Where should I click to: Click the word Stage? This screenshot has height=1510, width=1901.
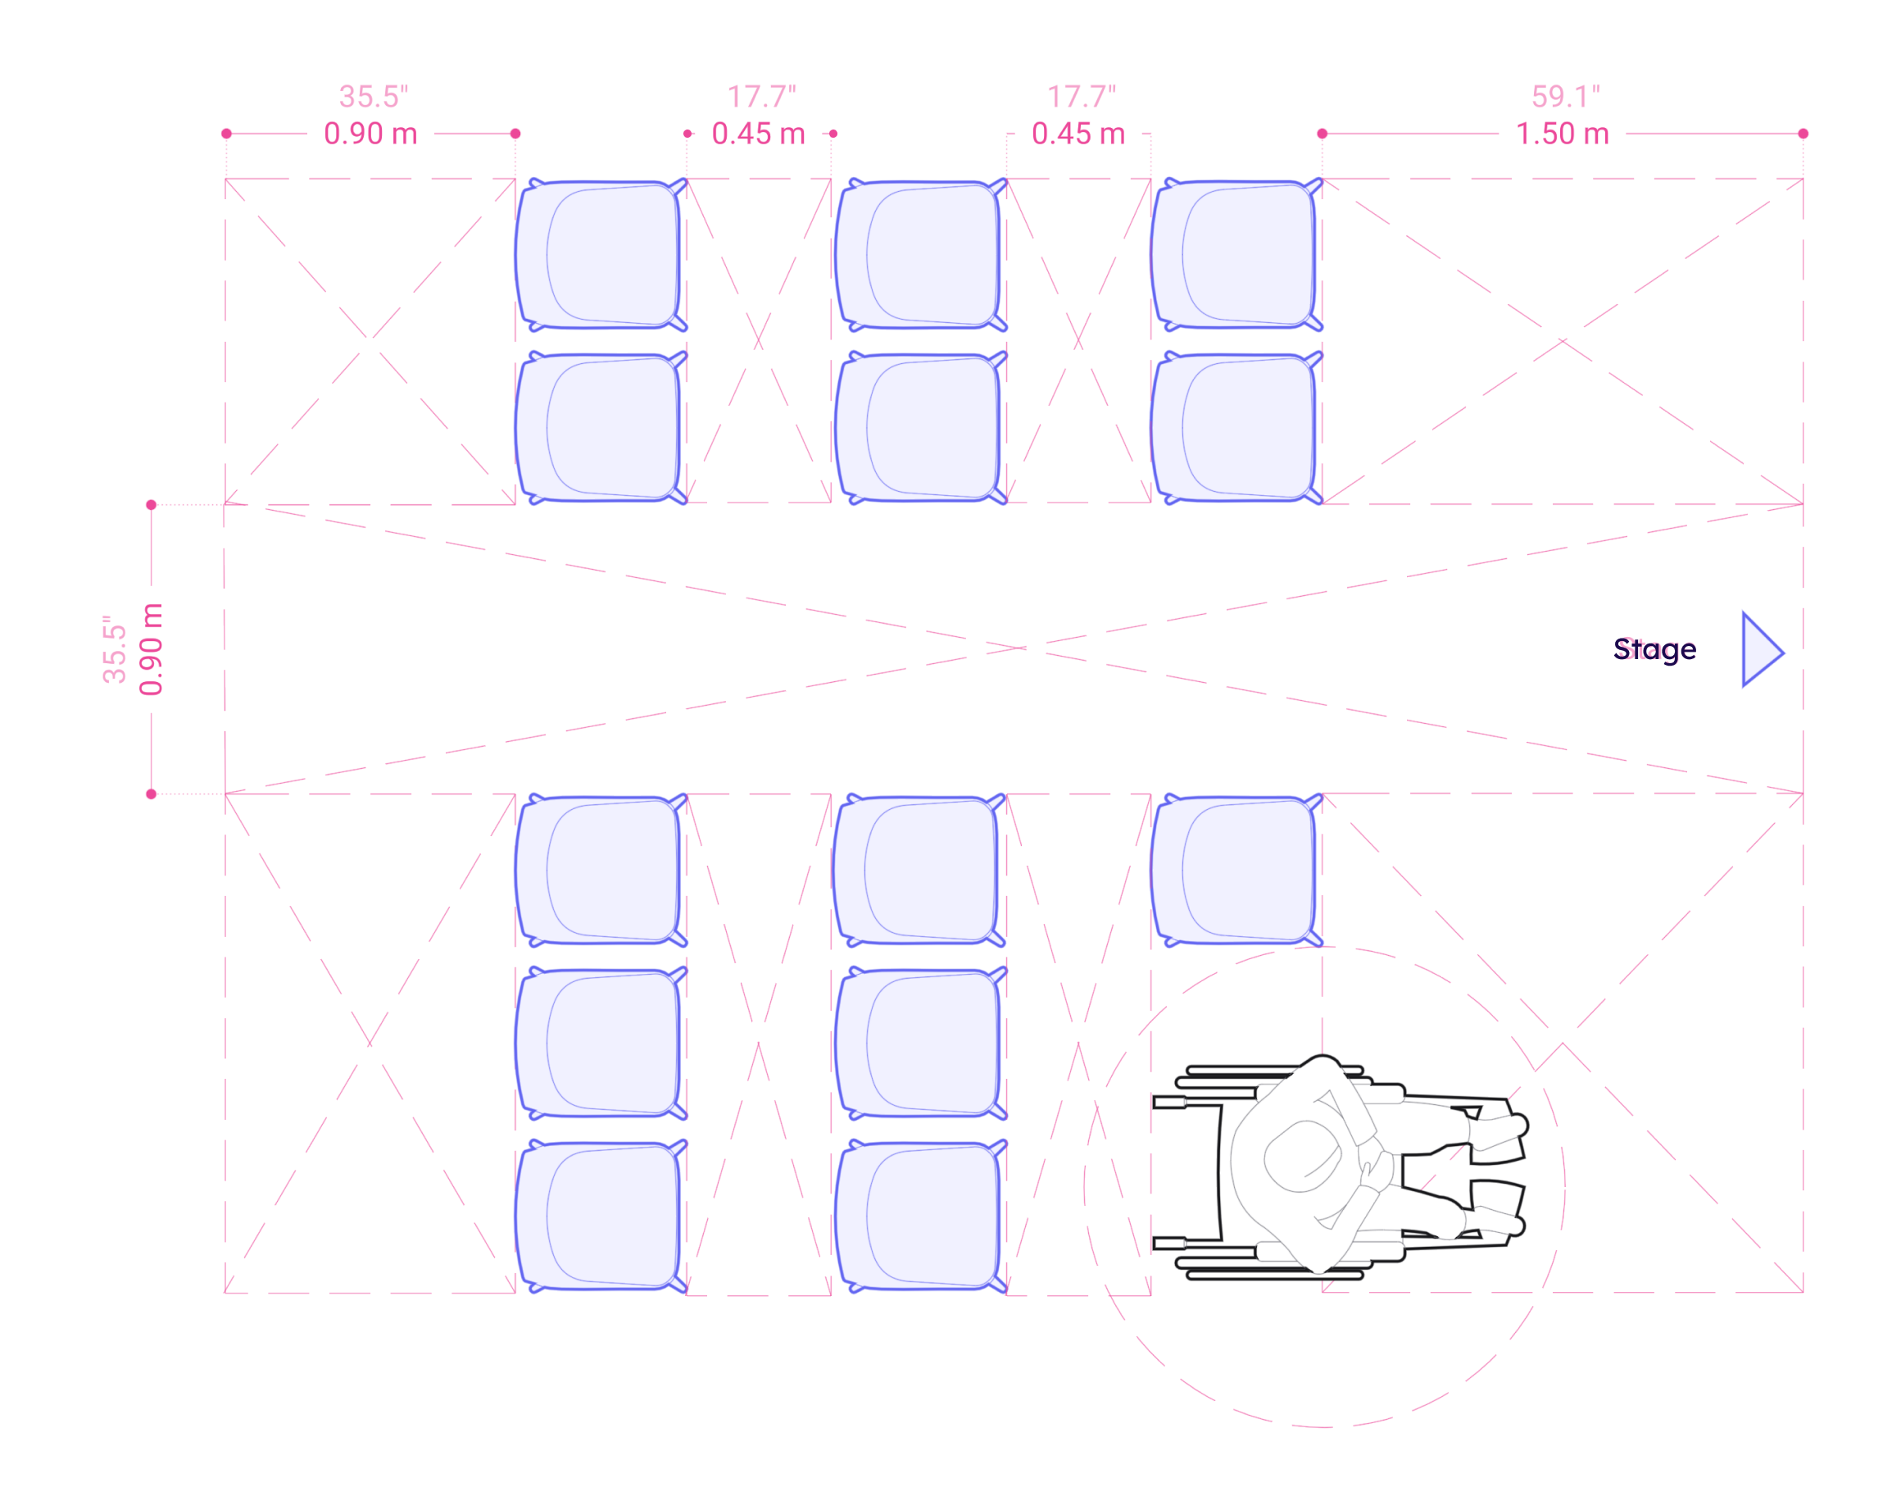click(1654, 649)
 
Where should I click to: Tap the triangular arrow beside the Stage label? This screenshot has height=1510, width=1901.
click(1760, 649)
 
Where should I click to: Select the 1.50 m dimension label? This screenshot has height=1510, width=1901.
click(1562, 134)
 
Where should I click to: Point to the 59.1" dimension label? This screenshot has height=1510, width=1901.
click(1565, 96)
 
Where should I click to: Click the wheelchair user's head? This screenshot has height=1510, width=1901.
click(1302, 1154)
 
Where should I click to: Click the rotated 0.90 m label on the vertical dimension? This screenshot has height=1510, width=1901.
click(151, 649)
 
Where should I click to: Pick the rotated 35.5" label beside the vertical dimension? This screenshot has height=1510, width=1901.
click(115, 649)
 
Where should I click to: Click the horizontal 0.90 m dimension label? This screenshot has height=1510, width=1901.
click(370, 134)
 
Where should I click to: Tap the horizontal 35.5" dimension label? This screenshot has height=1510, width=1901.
click(373, 96)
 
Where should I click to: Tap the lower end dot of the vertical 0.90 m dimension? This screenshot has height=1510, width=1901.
click(151, 794)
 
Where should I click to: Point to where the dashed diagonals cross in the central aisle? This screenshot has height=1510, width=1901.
click(1014, 648)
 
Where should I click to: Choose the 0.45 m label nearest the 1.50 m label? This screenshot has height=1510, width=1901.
click(1078, 134)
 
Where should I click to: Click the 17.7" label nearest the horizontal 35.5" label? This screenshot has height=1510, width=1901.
click(761, 96)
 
